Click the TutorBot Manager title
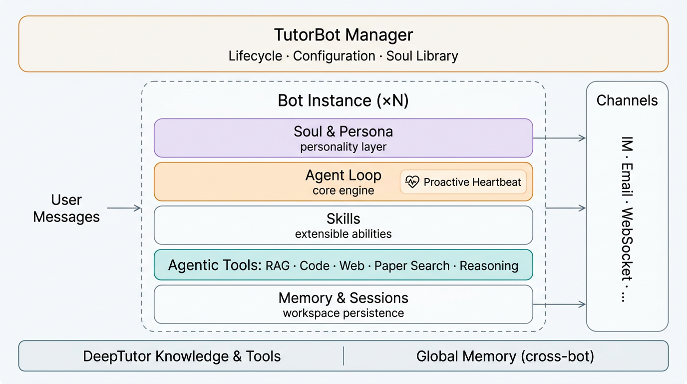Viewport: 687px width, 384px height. [x=343, y=35]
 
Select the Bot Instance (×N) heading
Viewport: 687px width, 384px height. [x=343, y=100]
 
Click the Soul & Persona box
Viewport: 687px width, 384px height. [x=343, y=138]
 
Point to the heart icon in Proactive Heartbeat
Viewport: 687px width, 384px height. [x=412, y=182]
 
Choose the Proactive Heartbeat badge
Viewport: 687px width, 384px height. [x=463, y=182]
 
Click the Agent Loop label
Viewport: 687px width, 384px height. [x=343, y=176]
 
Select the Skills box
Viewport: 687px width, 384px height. [x=343, y=225]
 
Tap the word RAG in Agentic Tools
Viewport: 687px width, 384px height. [x=278, y=265]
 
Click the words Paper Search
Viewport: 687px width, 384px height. [x=412, y=265]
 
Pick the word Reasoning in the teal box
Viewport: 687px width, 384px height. [x=489, y=265]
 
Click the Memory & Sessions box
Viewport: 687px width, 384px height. [x=343, y=304]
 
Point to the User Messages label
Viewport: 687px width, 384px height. [x=66, y=208]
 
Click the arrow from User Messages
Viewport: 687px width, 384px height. [x=124, y=208]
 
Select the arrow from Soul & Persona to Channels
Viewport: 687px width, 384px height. [x=559, y=138]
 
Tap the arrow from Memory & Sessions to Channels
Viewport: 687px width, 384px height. [x=559, y=304]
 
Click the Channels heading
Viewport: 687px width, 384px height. [x=627, y=100]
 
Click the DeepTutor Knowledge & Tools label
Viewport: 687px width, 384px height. [x=182, y=356]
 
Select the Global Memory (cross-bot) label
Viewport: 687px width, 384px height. [x=505, y=356]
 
